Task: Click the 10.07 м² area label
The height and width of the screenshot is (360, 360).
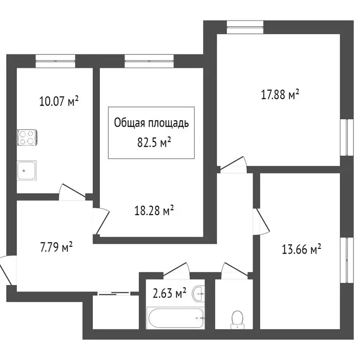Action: tap(59, 101)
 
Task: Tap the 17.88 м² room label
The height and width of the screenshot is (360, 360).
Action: tap(280, 95)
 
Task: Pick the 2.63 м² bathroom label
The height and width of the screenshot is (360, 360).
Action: tap(169, 294)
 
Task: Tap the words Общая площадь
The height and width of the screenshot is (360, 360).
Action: tap(151, 123)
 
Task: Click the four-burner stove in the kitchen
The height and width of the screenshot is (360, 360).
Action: tap(27, 137)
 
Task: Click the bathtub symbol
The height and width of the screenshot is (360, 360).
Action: tap(176, 318)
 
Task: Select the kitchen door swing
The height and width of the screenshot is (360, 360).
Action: tap(71, 192)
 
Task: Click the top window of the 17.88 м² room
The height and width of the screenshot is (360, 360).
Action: tap(245, 27)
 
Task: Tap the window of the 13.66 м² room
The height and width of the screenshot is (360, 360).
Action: tap(347, 261)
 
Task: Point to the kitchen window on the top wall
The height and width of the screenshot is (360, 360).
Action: tap(55, 61)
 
